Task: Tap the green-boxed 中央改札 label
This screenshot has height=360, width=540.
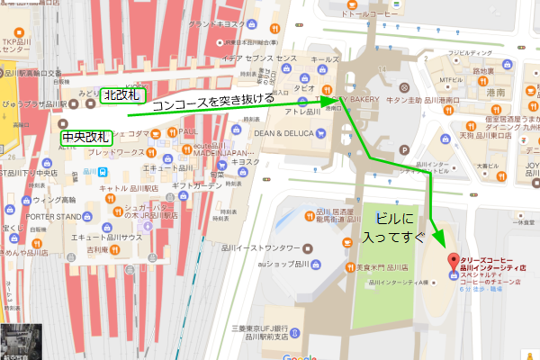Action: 86,138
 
